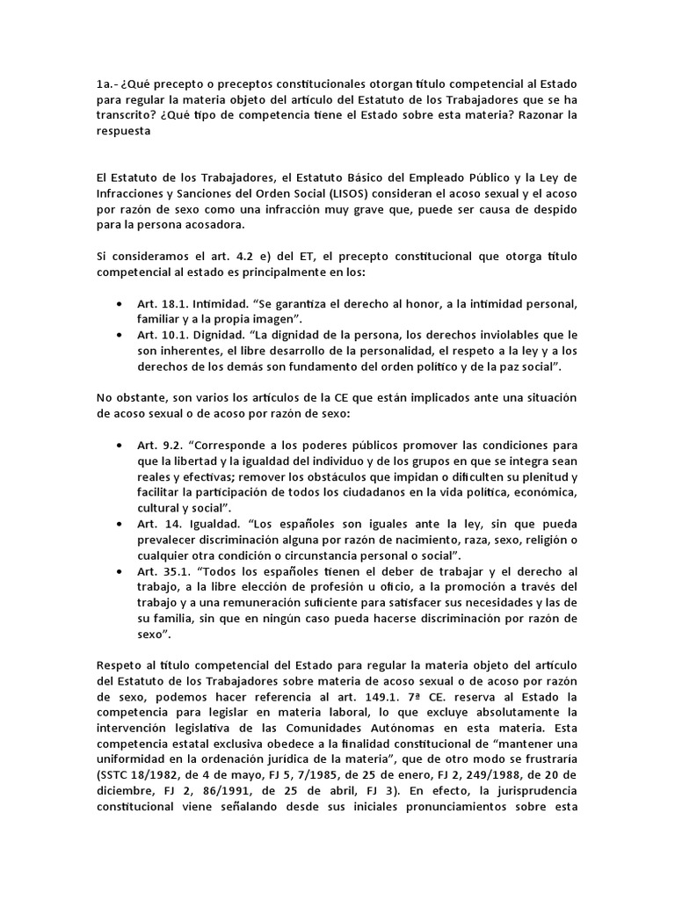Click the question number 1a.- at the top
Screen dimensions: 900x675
108,85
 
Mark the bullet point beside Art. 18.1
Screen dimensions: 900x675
119,303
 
